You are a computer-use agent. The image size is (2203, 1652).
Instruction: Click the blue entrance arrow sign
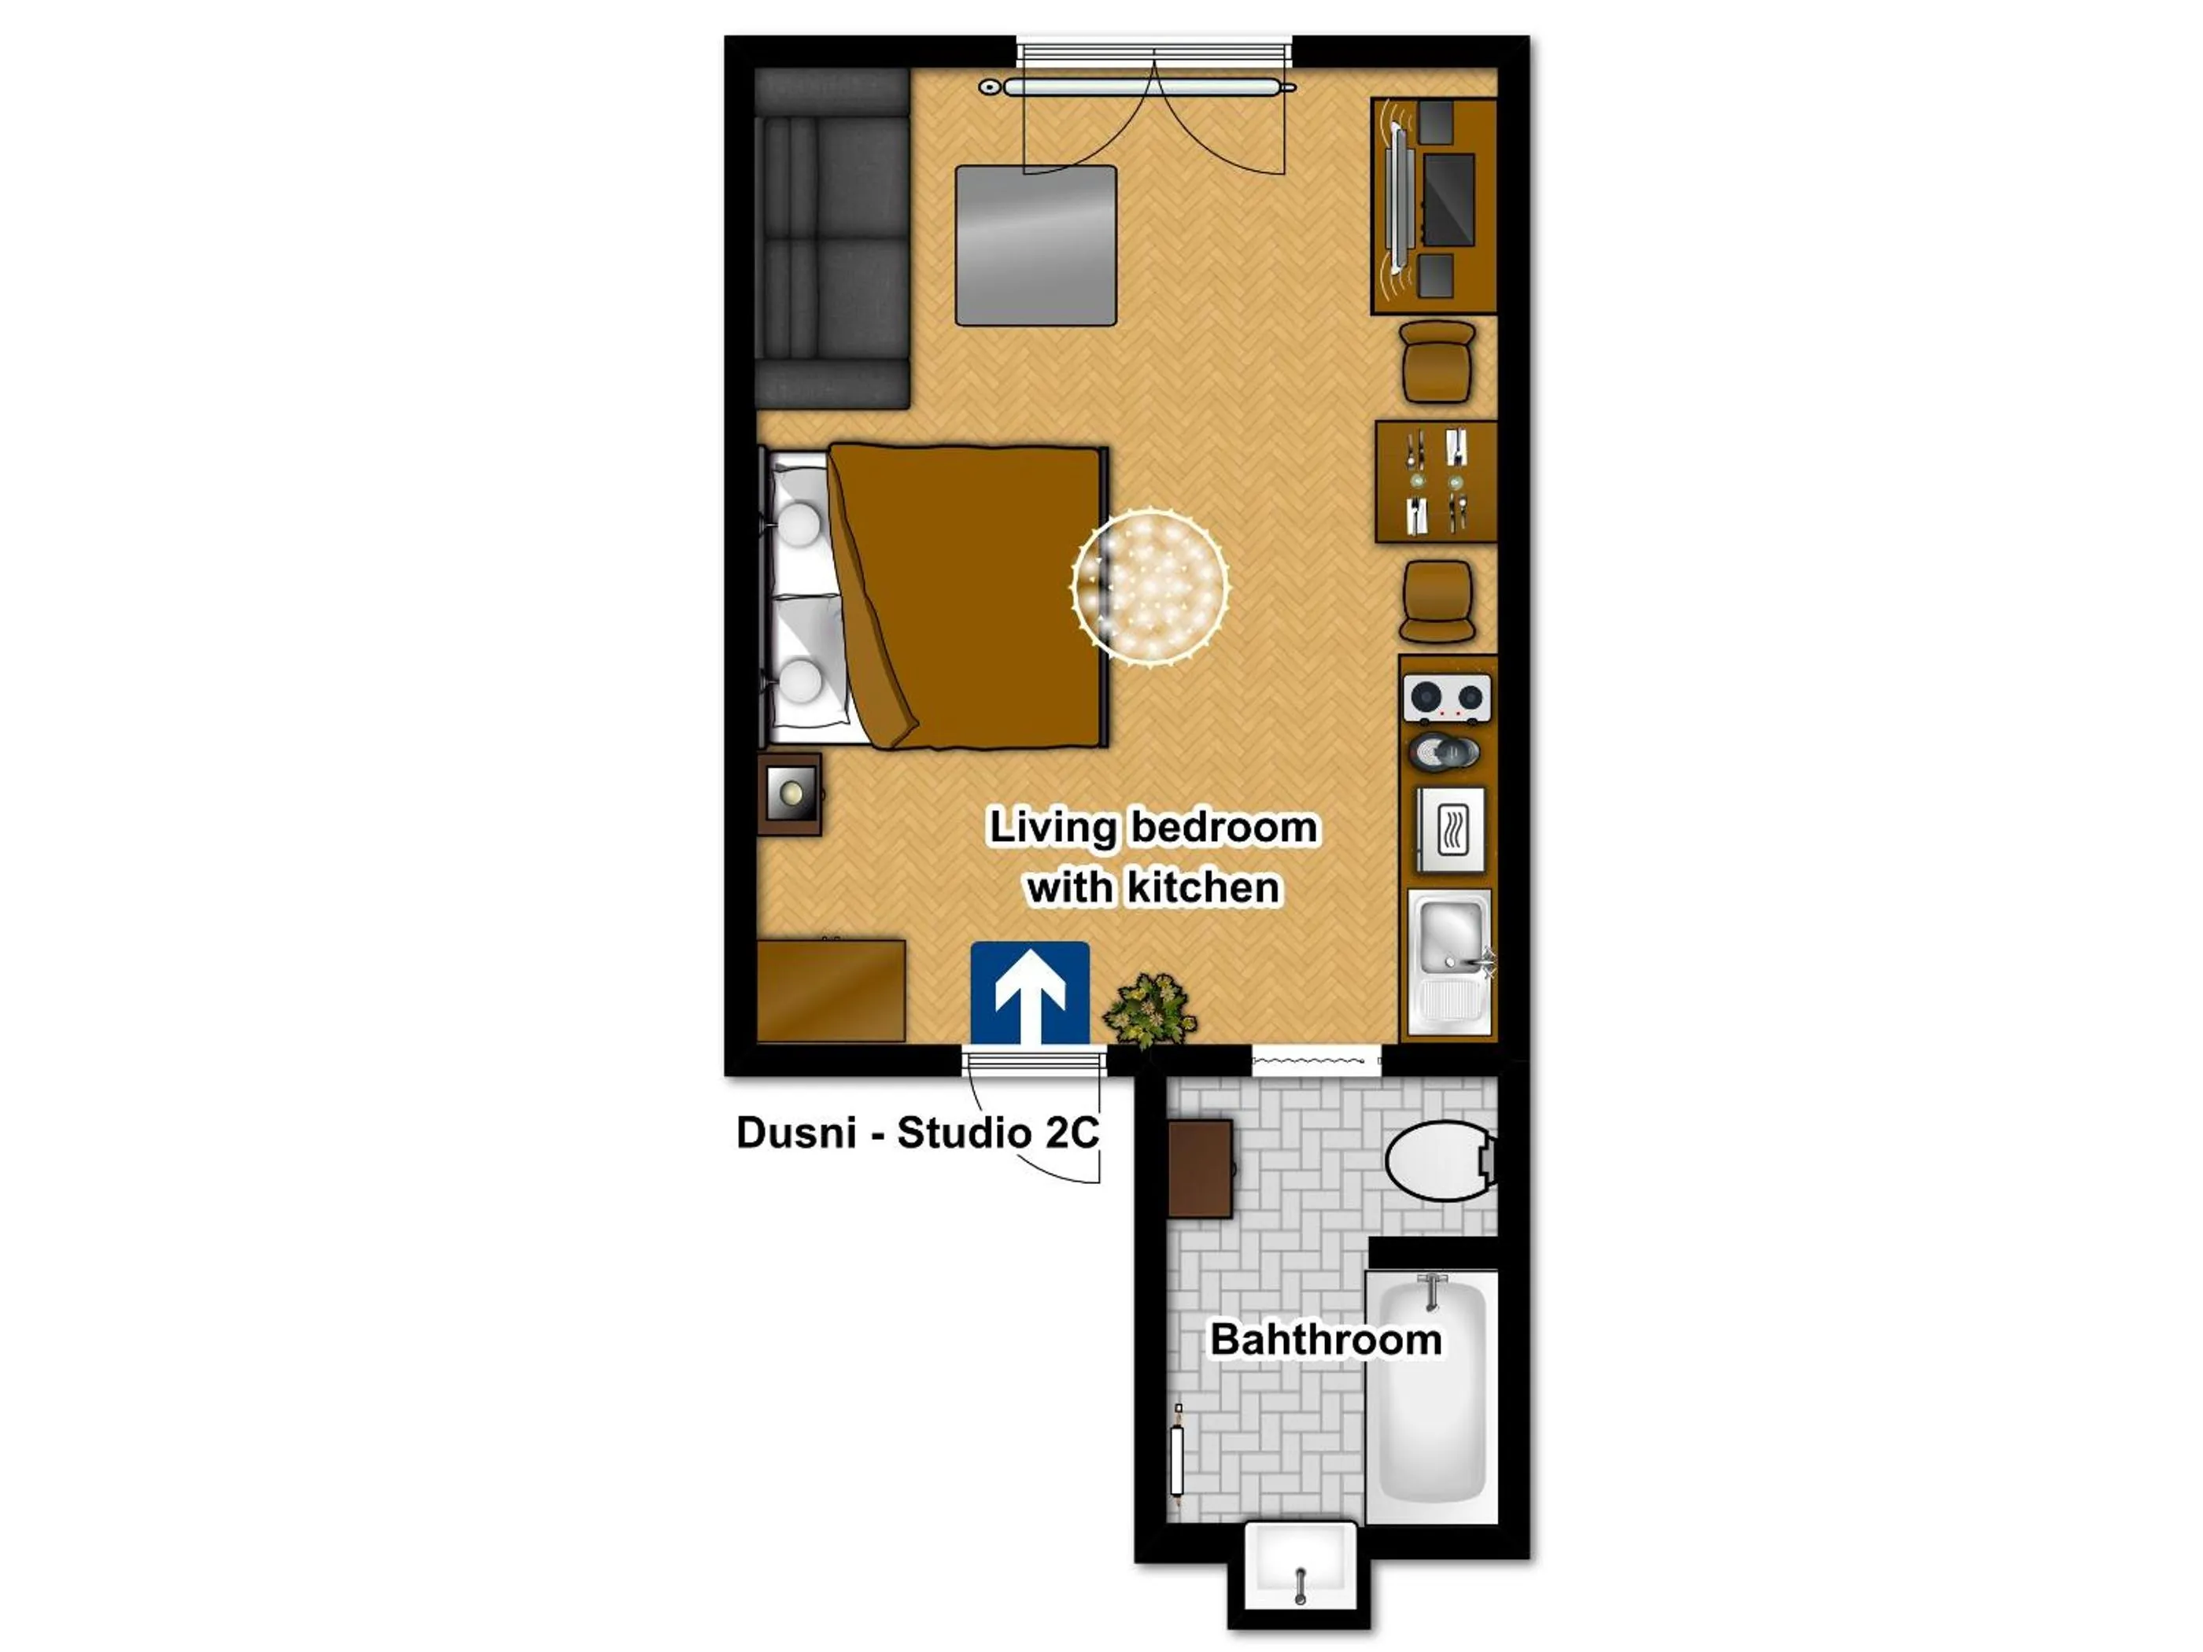pos(1030,993)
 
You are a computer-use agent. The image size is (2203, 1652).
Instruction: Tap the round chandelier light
pos(1149,585)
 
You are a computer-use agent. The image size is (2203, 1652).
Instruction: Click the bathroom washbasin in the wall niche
pos(1299,1566)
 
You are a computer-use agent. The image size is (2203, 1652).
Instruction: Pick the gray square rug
pos(1035,246)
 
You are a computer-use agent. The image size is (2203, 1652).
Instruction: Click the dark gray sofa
pos(832,239)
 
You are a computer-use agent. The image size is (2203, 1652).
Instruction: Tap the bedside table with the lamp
pos(790,794)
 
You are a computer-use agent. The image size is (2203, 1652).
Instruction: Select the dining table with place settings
pos(1435,482)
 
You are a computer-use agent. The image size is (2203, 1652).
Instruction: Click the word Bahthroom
pos(1325,1340)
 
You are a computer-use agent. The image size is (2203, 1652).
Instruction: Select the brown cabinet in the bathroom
pos(1200,1169)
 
